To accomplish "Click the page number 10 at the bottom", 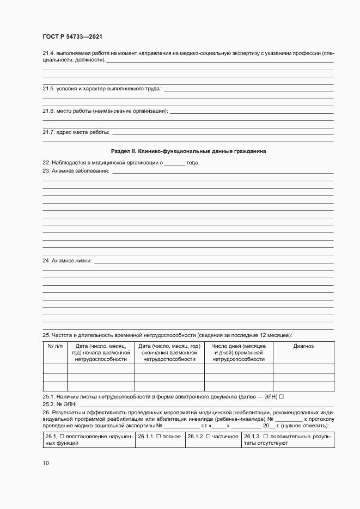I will [46, 463].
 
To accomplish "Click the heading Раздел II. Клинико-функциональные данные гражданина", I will [188, 151].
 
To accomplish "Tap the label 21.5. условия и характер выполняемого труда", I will [102, 88].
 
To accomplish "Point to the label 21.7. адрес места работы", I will [76, 132].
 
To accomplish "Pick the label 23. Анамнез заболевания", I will [76, 171].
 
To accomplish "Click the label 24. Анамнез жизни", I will [68, 261].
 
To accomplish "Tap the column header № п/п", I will [55, 346].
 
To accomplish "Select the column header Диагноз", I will [303, 346].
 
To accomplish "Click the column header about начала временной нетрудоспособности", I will [101, 353].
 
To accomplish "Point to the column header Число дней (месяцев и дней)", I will [239, 353].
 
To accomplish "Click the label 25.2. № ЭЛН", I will [60, 404].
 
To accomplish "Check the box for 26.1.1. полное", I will [158, 437].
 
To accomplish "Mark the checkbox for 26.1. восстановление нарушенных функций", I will [62, 437].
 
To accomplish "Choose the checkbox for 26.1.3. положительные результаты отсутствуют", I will [265, 437].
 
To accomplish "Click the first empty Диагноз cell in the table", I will [303, 368].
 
